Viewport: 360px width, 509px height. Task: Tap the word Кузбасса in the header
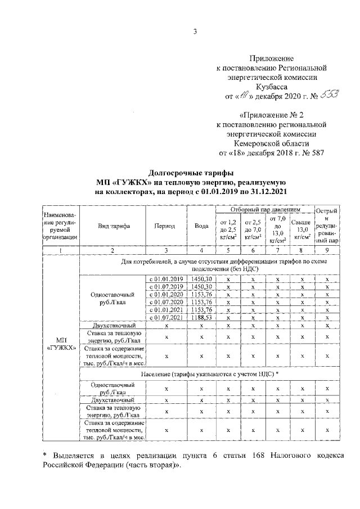272,87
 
